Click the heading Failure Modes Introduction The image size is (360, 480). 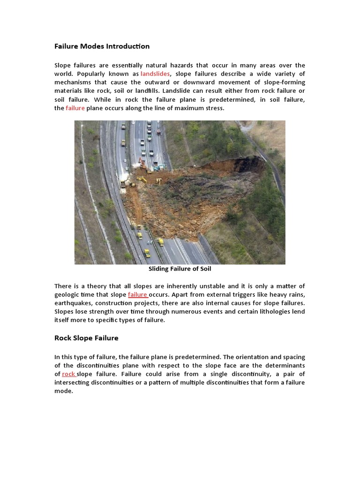pyautogui.click(x=102, y=46)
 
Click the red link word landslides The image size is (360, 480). pyautogui.click(x=155, y=74)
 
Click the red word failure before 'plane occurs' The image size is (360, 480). pyautogui.click(x=75, y=108)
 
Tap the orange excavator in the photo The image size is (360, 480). pyautogui.click(x=142, y=163)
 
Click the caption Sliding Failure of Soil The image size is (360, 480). pyautogui.click(x=180, y=269)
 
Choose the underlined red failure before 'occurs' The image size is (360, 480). pyautogui.click(x=138, y=295)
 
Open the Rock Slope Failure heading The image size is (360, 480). pyautogui.click(x=86, y=338)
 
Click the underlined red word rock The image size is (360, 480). pyautogui.click(x=69, y=374)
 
